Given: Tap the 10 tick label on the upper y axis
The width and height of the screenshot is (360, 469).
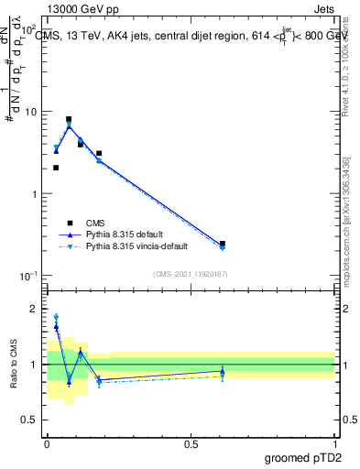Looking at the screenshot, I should (30, 112).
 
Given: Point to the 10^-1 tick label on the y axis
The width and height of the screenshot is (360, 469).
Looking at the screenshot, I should (28, 276).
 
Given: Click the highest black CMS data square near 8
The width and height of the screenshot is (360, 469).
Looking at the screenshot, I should (69, 119).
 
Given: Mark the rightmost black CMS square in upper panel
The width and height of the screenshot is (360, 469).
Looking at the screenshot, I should (223, 244).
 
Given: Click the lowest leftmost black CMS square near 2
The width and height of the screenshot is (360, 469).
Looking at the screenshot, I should (56, 168).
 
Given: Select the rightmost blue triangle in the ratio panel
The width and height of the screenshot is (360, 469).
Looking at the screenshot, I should (223, 371).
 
